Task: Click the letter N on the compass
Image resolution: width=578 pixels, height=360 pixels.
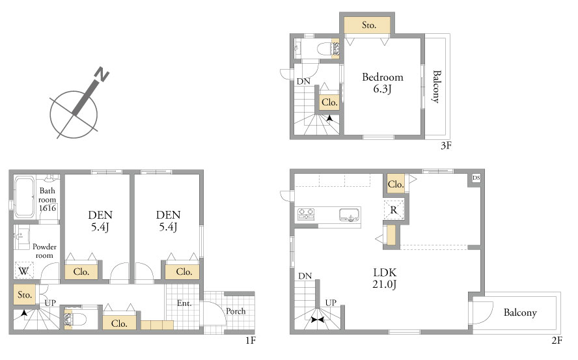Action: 102,74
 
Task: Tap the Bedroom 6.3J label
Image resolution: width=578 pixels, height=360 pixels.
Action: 383,83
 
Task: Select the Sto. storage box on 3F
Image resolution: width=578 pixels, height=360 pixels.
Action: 367,25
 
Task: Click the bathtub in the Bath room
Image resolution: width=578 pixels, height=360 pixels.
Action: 24,197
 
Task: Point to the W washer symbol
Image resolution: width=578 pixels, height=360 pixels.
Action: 24,270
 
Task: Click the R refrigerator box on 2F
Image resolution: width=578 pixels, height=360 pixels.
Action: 394,210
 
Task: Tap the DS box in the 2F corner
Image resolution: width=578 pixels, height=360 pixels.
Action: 476,178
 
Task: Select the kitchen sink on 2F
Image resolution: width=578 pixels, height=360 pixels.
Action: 349,215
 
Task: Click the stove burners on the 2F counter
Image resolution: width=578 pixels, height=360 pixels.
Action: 306,214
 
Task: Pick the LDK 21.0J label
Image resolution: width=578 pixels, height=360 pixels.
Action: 385,279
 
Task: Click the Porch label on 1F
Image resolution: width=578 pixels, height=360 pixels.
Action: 236,311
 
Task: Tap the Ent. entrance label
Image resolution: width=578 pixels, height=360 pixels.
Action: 184,303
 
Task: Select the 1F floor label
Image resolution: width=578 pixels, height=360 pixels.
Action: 251,340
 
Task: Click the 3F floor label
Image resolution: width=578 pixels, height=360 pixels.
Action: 446,145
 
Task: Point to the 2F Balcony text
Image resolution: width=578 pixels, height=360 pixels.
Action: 520,312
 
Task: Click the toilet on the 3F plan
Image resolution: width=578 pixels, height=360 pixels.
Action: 324,49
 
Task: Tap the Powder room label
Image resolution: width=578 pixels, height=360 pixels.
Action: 44,251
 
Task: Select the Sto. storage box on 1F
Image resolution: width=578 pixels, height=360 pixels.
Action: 25,295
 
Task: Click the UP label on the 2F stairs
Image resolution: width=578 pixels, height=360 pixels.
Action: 331,303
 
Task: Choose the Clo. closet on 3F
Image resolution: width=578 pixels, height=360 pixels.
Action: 329,102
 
